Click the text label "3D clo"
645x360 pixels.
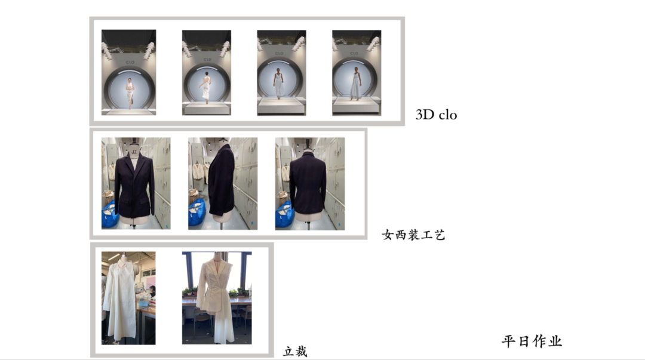pyautogui.click(x=436, y=115)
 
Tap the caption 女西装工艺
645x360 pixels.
pyautogui.click(x=413, y=235)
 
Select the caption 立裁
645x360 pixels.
pyautogui.click(x=296, y=352)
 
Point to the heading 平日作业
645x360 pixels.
pyautogui.click(x=532, y=341)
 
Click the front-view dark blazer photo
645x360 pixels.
pyautogui.click(x=136, y=183)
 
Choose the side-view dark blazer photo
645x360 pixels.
pyautogui.click(x=223, y=183)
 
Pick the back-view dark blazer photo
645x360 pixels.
pyautogui.click(x=310, y=183)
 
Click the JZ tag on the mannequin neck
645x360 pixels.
pyautogui.click(x=134, y=152)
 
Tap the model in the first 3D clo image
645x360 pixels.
pyautogui.click(x=130, y=93)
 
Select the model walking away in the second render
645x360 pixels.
pyautogui.click(x=205, y=88)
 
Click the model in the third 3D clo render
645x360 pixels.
pyautogui.click(x=279, y=84)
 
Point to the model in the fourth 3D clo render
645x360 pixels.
pyautogui.click(x=355, y=84)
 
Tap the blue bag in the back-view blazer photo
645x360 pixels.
pyautogui.click(x=284, y=214)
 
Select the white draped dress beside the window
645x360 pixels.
pyautogui.click(x=216, y=299)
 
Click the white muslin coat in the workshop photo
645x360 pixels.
pyautogui.click(x=119, y=299)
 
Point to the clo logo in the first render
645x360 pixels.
pyautogui.click(x=130, y=62)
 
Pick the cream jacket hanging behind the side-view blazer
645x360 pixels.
pyautogui.click(x=199, y=171)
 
